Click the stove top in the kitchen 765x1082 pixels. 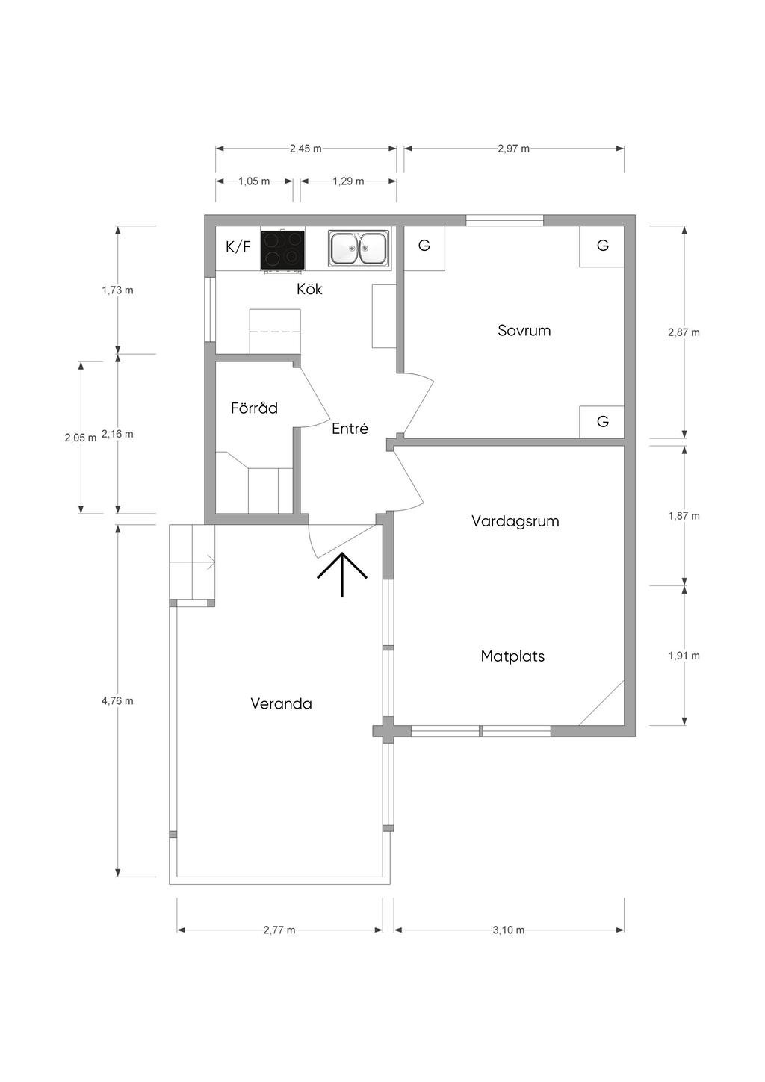282,250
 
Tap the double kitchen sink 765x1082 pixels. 358,248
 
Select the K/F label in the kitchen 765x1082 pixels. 238,247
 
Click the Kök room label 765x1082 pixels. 309,289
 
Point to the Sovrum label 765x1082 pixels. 524,330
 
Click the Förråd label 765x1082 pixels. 254,408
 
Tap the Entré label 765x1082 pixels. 350,428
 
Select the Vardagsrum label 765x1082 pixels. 515,521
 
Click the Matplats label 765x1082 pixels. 512,656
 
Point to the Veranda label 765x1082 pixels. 281,703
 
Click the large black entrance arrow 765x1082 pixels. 342,574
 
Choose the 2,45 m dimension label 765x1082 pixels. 306,149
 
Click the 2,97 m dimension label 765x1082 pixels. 513,149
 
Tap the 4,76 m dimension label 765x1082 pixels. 117,701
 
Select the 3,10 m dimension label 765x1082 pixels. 509,930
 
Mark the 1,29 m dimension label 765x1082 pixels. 348,181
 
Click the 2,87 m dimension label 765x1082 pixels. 684,332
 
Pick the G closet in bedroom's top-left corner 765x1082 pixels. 424,248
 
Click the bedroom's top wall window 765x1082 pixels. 504,220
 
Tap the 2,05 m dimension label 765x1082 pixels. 81,438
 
